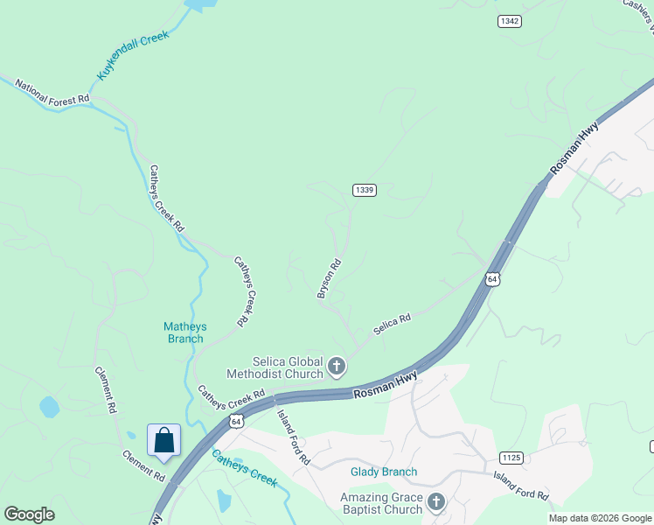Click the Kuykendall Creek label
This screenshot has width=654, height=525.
[133, 57]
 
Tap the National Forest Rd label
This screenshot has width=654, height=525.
[52, 94]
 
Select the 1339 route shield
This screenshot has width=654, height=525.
[365, 190]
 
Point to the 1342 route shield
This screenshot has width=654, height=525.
[510, 20]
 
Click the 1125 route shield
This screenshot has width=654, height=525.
[511, 458]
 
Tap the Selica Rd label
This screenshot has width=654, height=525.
[392, 325]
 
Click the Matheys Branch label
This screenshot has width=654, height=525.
[185, 332]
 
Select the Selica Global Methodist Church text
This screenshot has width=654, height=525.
[276, 367]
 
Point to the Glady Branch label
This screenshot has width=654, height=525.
[384, 472]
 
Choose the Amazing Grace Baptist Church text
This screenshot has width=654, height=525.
[381, 503]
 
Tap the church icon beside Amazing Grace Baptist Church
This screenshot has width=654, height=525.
[436, 502]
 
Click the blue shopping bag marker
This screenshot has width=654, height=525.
[164, 439]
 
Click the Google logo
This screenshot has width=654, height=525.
[29, 514]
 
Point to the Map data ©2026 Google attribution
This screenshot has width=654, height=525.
[600, 518]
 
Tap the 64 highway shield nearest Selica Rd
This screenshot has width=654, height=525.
[493, 279]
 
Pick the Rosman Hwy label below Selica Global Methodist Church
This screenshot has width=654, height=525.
[386, 386]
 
